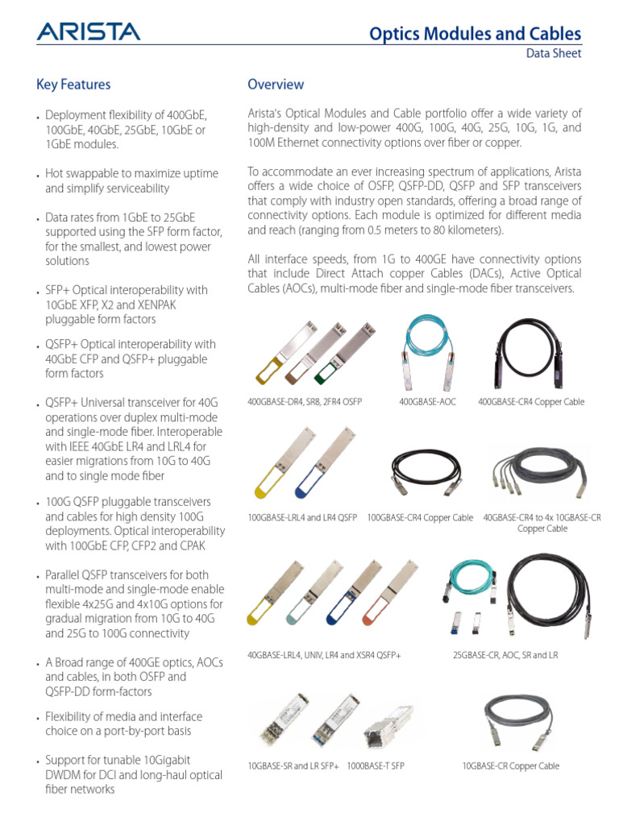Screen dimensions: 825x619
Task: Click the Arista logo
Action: (88, 31)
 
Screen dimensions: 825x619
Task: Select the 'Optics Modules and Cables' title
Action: (474, 34)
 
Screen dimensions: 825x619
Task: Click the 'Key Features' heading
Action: (73, 85)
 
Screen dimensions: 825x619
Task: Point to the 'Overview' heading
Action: (276, 85)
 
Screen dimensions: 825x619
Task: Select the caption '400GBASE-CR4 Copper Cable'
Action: (531, 401)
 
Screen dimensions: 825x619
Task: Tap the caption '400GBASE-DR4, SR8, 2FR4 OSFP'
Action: (305, 401)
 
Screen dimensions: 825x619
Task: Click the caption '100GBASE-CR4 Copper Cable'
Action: (420, 517)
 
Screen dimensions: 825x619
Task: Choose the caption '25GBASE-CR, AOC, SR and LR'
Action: (505, 656)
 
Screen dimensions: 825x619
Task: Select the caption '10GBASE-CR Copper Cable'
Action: (510, 765)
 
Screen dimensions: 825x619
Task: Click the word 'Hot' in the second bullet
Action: (54, 174)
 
